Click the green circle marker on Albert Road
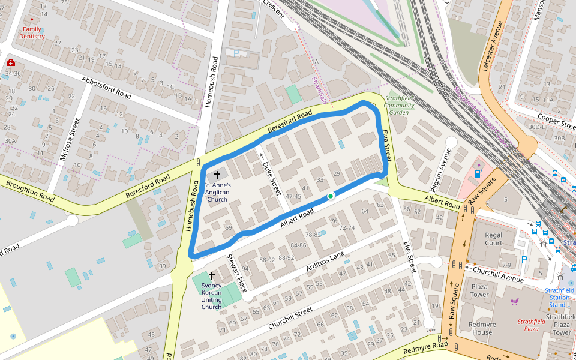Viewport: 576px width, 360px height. [330, 196]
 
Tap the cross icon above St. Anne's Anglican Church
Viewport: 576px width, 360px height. [216, 175]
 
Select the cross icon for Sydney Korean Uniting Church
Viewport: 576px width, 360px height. [211, 275]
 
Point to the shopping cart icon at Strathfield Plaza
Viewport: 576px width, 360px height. [514, 301]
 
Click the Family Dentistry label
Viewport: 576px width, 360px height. [32, 32]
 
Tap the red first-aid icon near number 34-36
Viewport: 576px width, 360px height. [10, 62]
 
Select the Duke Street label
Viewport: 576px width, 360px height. [272, 174]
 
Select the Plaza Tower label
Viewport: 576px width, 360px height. [479, 291]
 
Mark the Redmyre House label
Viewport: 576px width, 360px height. [482, 328]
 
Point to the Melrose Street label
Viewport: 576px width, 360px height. [69, 140]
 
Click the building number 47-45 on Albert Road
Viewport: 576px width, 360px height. [293, 196]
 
